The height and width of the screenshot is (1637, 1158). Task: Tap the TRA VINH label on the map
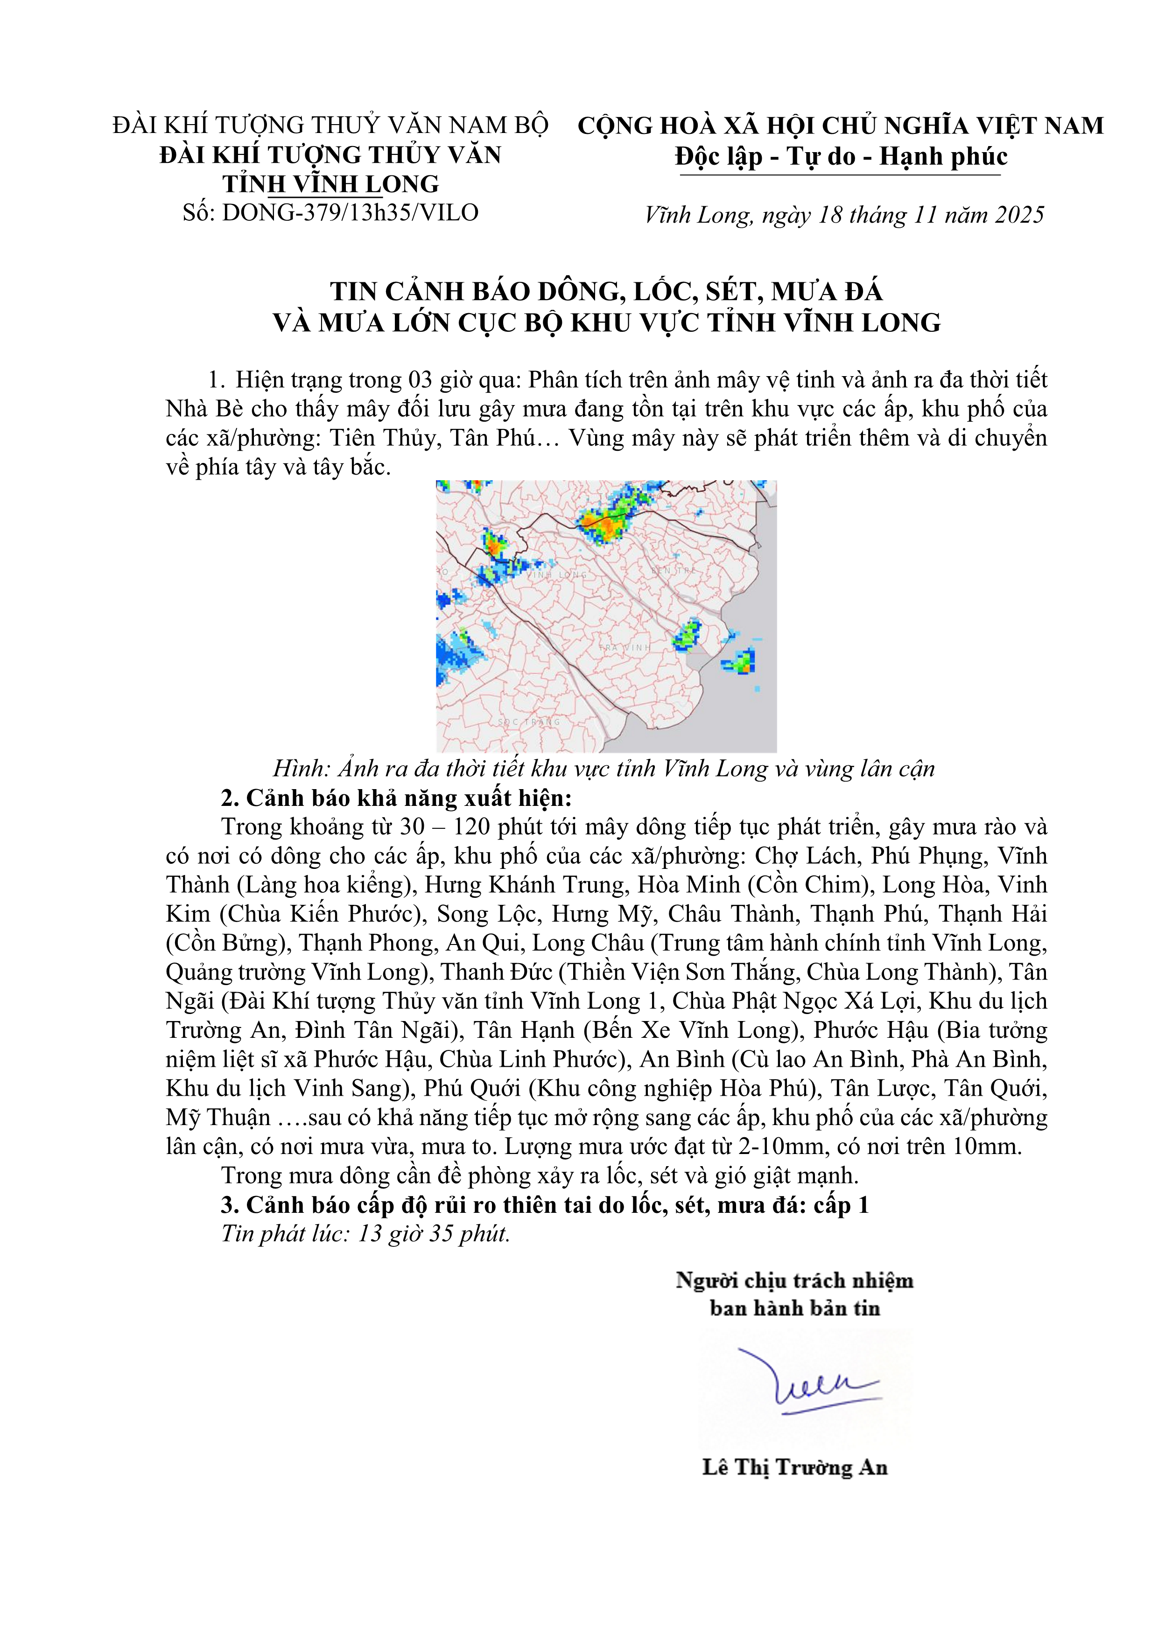[x=625, y=647]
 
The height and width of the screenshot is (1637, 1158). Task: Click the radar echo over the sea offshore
[x=741, y=662]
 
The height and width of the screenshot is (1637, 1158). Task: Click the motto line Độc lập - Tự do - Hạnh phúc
[x=842, y=157]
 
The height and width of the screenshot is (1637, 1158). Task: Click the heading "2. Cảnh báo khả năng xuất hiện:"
[x=396, y=798]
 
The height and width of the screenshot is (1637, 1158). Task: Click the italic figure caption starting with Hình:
[x=603, y=769]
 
